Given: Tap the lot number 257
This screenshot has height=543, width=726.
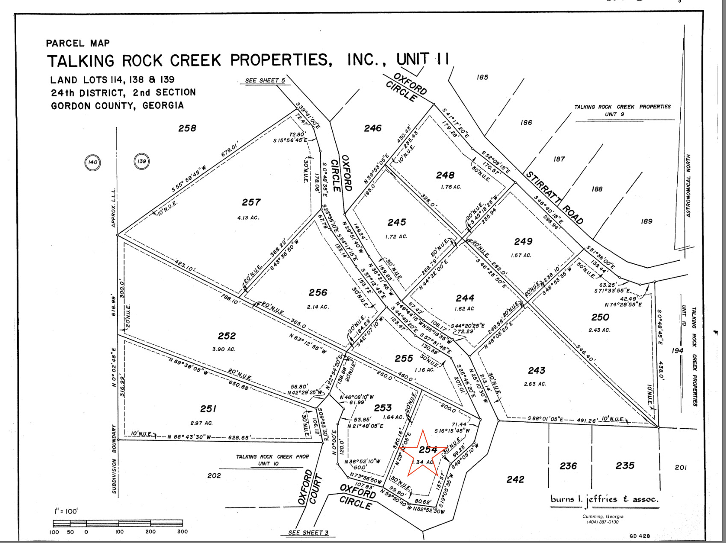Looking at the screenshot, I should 251,202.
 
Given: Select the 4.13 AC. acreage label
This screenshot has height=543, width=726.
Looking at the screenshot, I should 248,218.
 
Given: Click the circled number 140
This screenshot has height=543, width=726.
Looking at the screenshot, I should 93,162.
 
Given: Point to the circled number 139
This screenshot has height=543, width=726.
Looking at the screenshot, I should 142,161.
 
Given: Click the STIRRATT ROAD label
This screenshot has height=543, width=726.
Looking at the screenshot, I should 554,197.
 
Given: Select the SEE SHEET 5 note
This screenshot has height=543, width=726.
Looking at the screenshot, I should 265,80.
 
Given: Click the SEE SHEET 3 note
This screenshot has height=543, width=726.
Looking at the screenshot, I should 308,533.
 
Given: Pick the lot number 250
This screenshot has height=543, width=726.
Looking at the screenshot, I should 600,317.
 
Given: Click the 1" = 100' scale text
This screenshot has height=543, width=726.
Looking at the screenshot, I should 66,511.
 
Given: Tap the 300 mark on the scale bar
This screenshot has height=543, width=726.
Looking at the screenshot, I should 183,531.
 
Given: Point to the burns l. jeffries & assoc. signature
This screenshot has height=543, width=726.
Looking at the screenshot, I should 605,499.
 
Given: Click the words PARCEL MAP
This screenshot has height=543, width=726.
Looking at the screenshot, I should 78,43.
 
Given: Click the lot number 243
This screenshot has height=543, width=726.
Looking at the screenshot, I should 536,370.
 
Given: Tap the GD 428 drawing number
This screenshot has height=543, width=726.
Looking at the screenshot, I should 640,536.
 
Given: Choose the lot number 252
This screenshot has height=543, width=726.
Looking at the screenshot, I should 227,336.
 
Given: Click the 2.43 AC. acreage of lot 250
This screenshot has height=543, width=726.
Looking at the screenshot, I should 599,330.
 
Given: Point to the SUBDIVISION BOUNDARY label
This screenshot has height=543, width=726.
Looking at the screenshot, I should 114,459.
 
